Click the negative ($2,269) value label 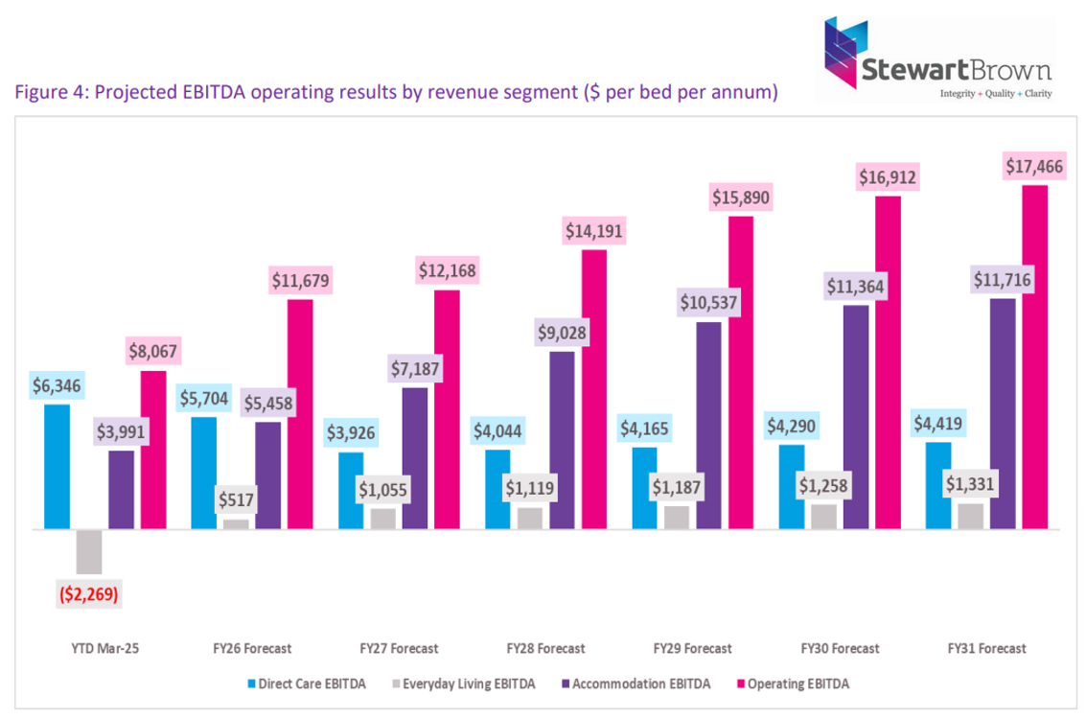point(89,593)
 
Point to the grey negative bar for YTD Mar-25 point(89,551)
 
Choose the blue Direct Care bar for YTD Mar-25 point(58,466)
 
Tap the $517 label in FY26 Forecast point(236,499)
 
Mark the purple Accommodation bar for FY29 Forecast point(709,425)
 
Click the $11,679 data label point(300,281)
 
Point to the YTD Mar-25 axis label point(89,648)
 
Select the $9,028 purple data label point(563,333)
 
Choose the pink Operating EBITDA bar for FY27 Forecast point(447,408)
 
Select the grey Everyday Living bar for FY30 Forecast point(823,516)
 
